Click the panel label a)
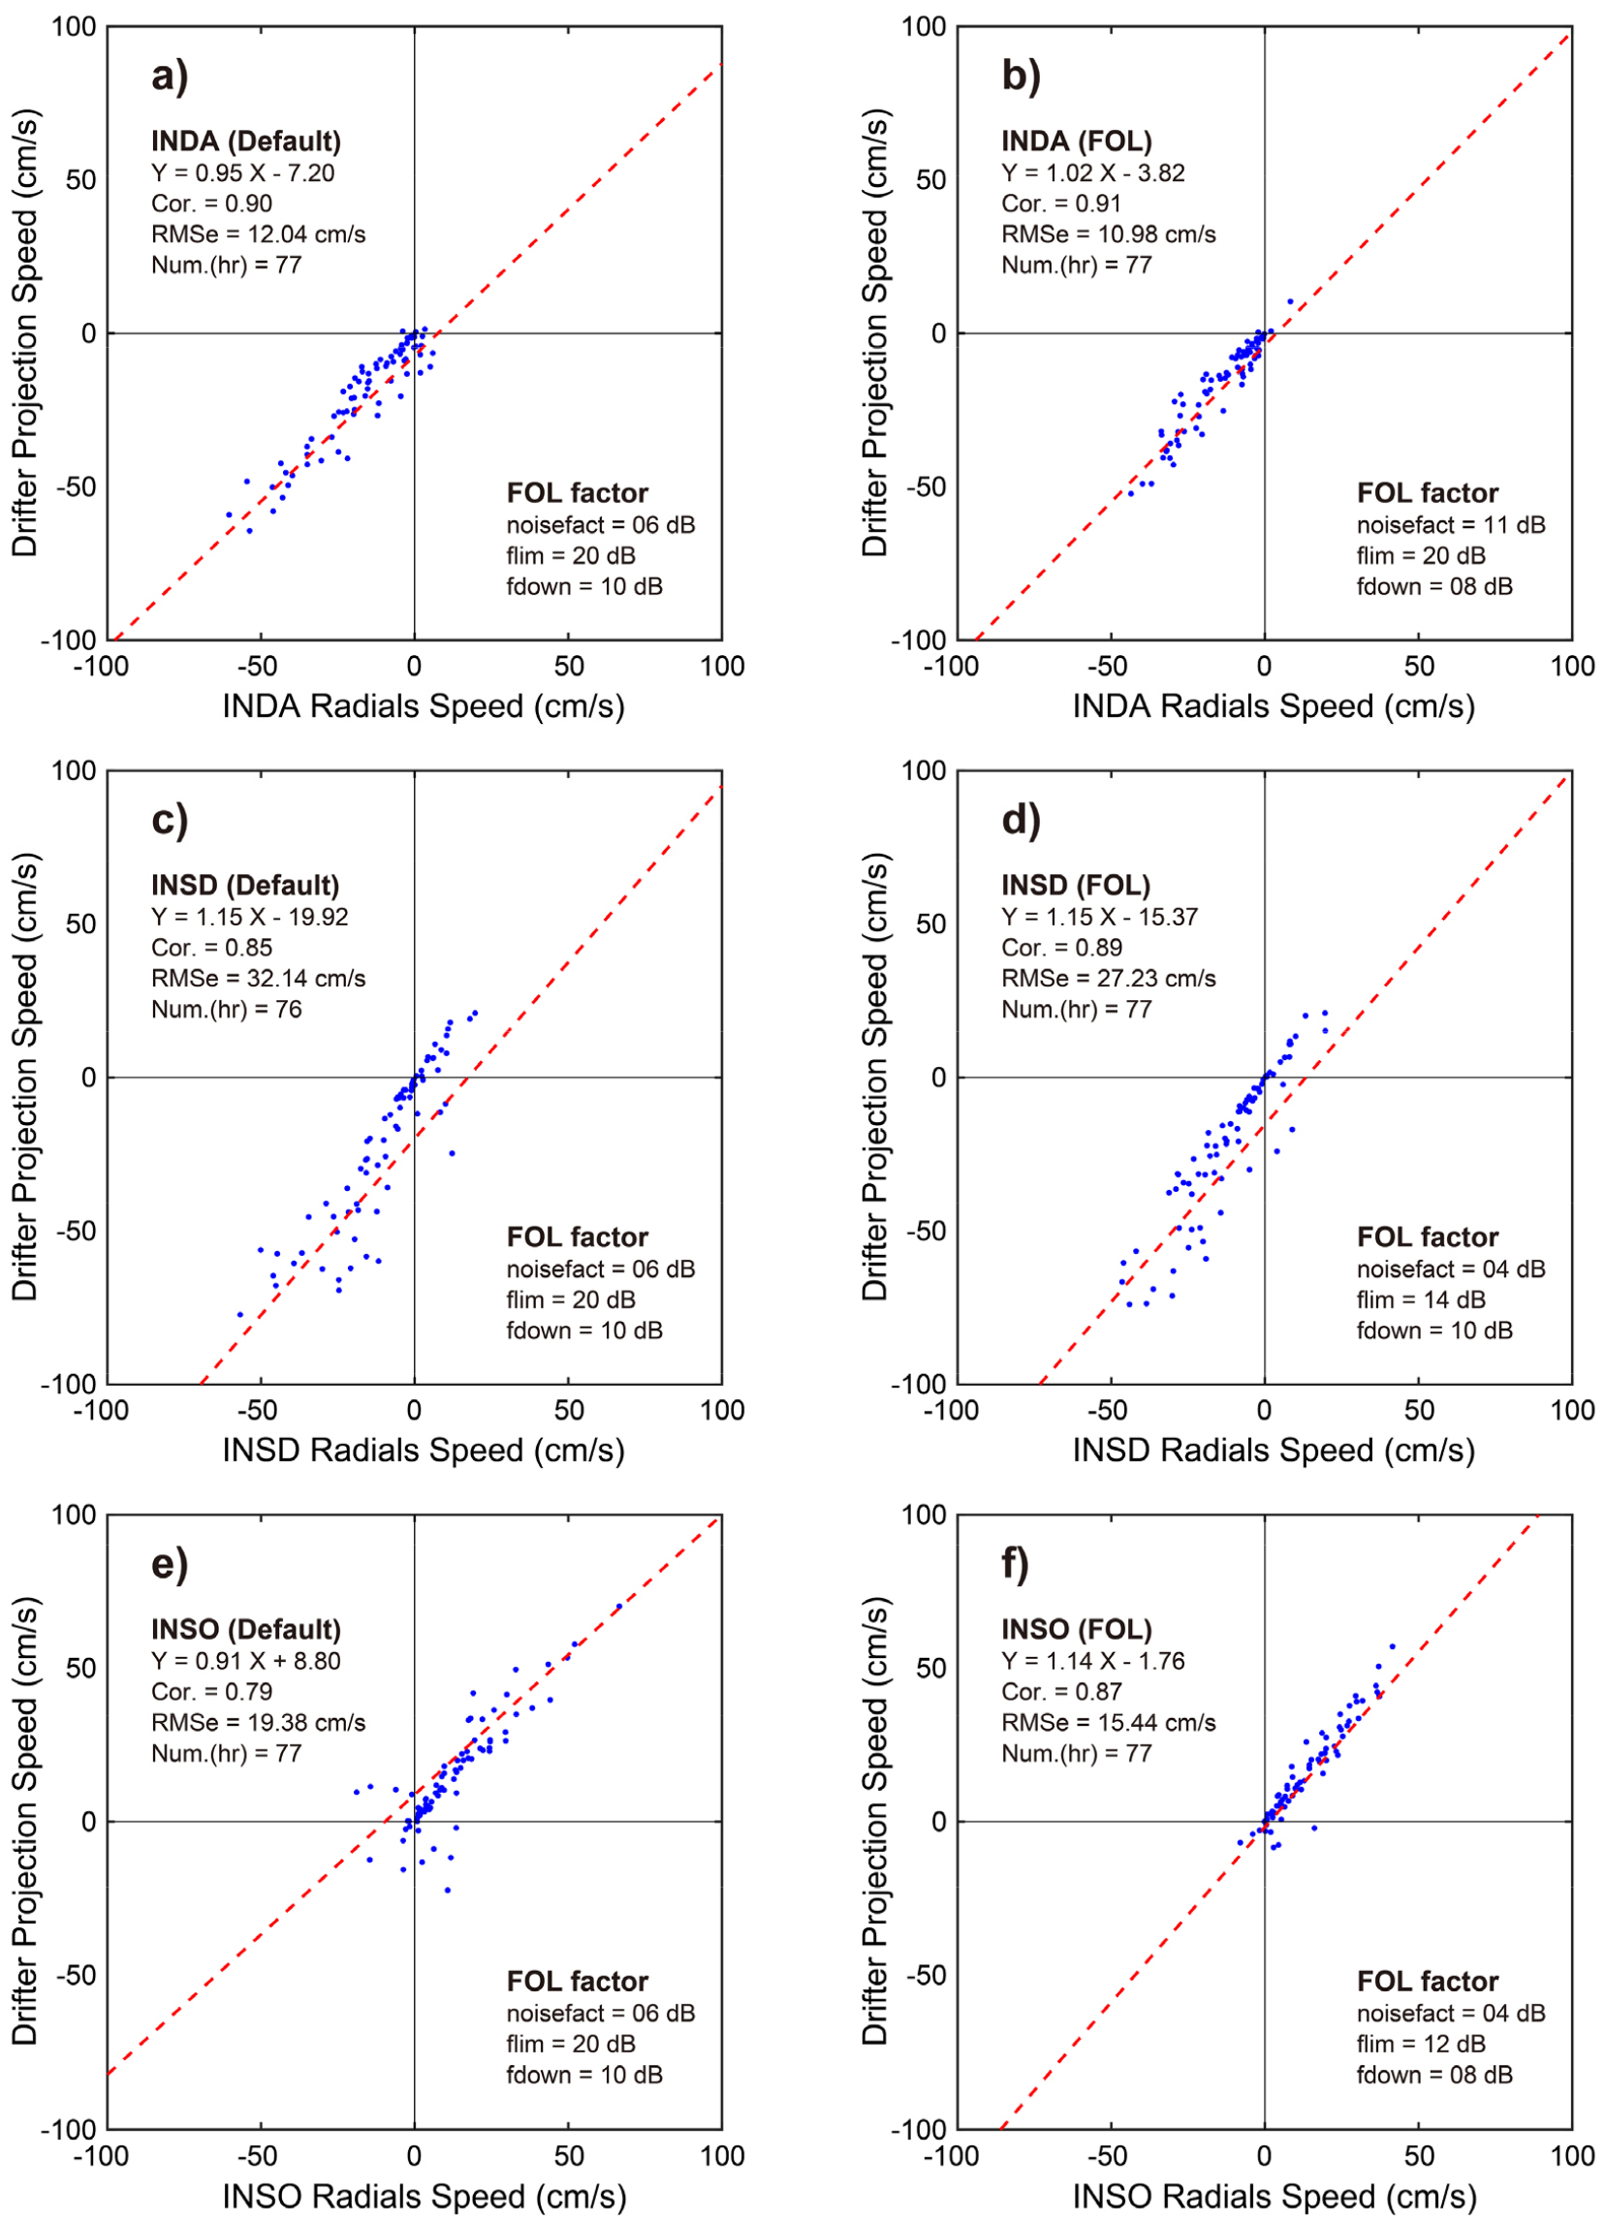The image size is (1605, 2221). coord(170,77)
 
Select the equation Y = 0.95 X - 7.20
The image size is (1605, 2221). coord(242,173)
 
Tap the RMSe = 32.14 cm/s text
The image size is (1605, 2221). coord(258,979)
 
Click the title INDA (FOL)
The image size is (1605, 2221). coord(1075,141)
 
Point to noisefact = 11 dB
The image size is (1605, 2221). coord(1450,525)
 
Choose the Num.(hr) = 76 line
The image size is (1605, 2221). coord(226,1009)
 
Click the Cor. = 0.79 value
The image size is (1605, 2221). coord(211,1691)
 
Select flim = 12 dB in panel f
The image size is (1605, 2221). coord(1420,2044)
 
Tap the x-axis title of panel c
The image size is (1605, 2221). coord(423,1451)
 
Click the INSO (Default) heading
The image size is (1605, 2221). coord(246,1630)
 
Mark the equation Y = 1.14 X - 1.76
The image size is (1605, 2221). coord(1092,1661)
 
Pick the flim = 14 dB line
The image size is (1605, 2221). coord(1420,1299)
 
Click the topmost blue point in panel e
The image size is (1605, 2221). coord(618,1607)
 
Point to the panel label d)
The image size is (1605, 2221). coord(1021,821)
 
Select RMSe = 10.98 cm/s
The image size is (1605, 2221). coord(1108,235)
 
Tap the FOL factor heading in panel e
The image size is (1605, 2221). coord(577,1981)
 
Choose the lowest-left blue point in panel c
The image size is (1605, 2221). coord(240,1314)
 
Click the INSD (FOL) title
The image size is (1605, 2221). coord(1075,886)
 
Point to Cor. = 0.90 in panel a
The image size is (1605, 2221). coord(211,203)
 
